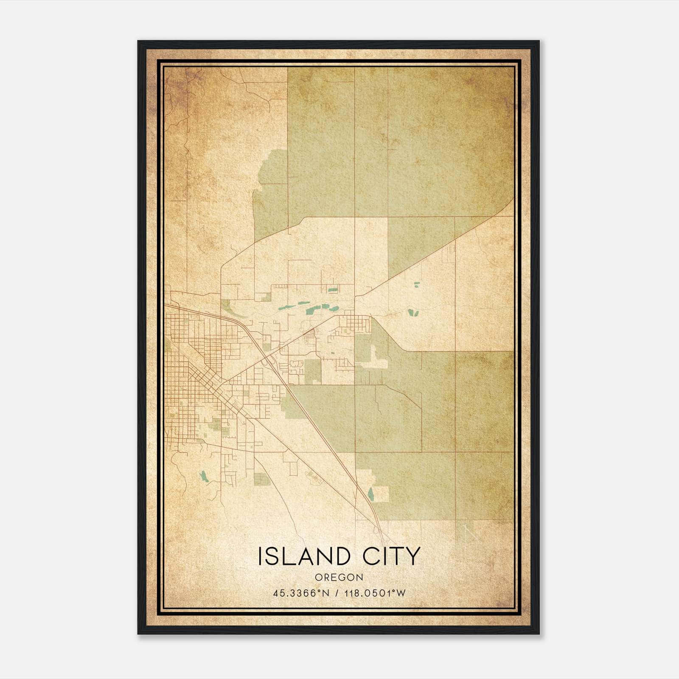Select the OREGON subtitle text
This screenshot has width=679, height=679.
click(x=339, y=577)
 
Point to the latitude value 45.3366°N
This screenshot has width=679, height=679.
click(x=301, y=593)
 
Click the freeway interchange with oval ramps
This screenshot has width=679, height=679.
click(x=269, y=362)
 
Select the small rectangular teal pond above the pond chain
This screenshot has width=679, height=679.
click(x=332, y=291)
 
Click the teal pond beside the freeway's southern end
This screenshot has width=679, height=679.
click(x=371, y=494)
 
